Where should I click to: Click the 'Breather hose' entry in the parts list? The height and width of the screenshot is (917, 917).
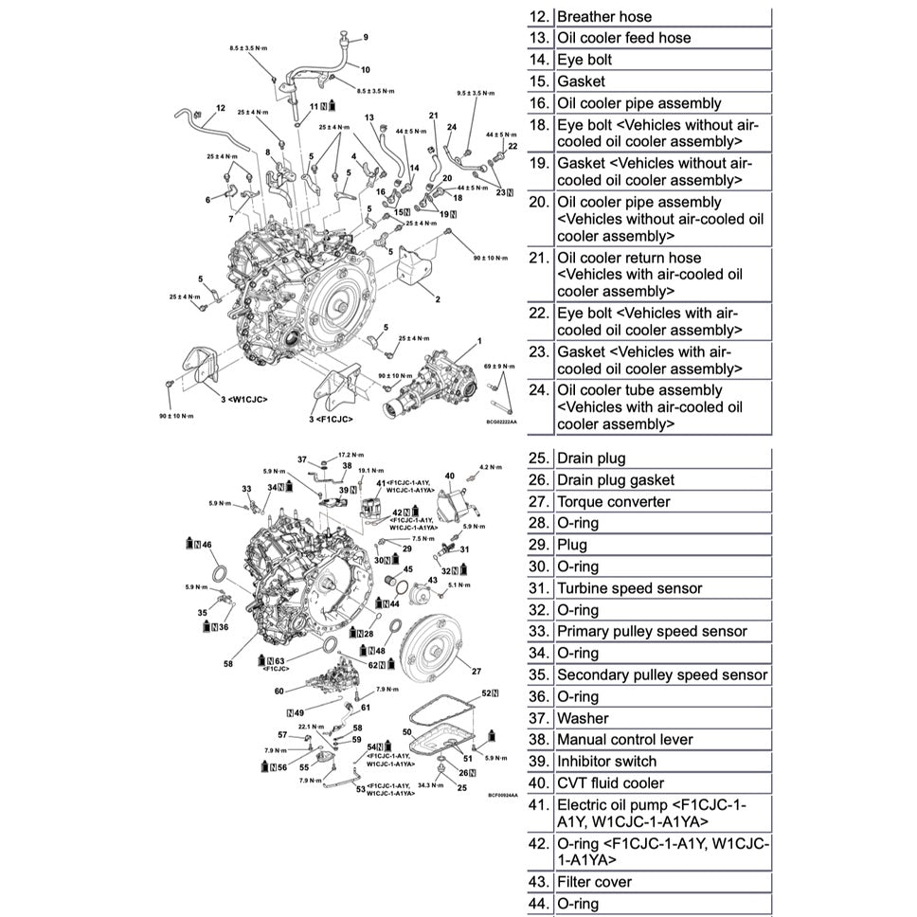[603, 16]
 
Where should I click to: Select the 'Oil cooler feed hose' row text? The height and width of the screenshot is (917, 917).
[623, 38]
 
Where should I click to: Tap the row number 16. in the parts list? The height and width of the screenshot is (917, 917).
[538, 103]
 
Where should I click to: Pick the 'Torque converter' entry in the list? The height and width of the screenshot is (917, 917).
[613, 502]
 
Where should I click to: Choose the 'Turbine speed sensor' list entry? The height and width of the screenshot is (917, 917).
[629, 588]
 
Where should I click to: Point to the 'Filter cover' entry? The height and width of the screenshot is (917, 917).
[594, 882]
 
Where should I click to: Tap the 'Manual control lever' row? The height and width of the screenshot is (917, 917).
[624, 739]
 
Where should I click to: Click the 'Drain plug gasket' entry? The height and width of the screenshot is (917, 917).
[616, 480]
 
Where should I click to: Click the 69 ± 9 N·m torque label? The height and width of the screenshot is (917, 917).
[499, 366]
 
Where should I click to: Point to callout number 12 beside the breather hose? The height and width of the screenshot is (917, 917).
[220, 108]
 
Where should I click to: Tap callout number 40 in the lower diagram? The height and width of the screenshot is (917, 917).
[450, 476]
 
